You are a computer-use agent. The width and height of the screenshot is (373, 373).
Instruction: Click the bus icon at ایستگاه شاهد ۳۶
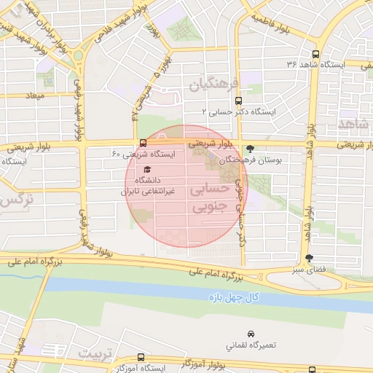tap(315, 55)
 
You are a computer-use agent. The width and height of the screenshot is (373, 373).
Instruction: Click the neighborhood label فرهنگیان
tap(214, 85)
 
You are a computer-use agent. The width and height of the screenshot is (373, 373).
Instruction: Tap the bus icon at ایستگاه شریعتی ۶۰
tap(142, 143)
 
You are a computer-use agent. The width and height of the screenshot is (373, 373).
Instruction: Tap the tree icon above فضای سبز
tap(310, 257)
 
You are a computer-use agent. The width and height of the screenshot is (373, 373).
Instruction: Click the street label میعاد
tap(34, 95)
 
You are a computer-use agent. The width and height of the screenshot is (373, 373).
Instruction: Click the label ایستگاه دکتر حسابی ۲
tap(241, 111)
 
